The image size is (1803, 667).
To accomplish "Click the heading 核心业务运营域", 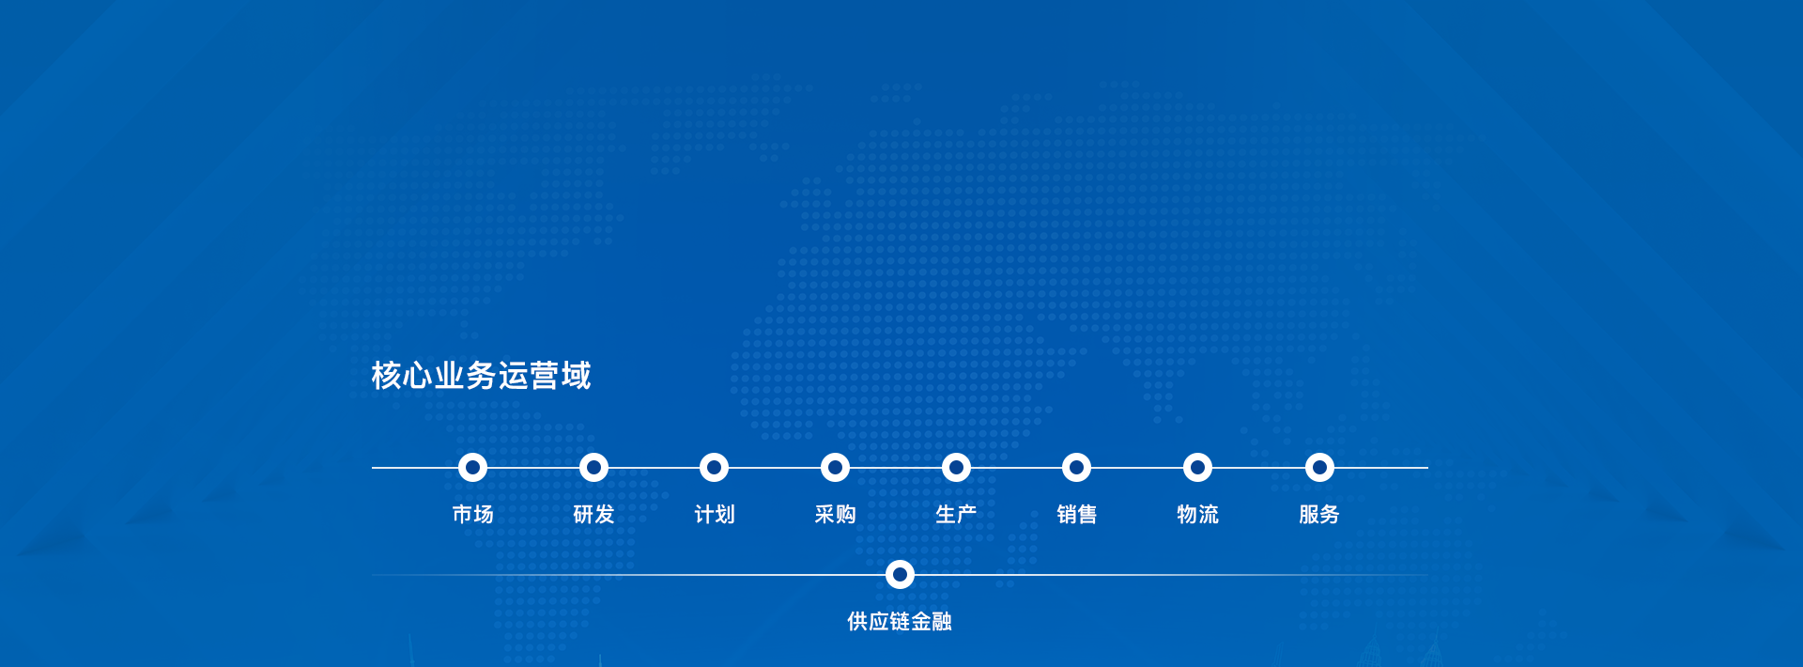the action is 481,376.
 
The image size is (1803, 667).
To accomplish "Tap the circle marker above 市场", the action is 472,457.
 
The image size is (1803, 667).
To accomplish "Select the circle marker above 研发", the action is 593,457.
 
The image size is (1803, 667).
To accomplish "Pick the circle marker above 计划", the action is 714,457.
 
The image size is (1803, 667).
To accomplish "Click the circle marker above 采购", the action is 835,457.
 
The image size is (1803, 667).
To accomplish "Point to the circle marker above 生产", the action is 956,457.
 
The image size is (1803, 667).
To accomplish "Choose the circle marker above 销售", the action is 1076,457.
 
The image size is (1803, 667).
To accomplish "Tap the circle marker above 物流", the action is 1197,457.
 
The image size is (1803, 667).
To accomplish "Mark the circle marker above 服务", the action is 1319,457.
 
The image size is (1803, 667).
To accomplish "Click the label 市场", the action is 472,514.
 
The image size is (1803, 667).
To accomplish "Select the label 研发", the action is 593,514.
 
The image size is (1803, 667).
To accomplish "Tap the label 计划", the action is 714,514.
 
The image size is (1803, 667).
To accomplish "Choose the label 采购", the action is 835,514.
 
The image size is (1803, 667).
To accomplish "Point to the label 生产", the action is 956,514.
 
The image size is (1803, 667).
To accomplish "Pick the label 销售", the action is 1076,514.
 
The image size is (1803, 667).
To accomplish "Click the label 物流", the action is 1197,514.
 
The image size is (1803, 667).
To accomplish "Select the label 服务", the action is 1319,514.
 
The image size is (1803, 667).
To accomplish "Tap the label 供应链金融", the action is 900,621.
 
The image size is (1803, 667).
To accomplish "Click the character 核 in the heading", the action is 386,376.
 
